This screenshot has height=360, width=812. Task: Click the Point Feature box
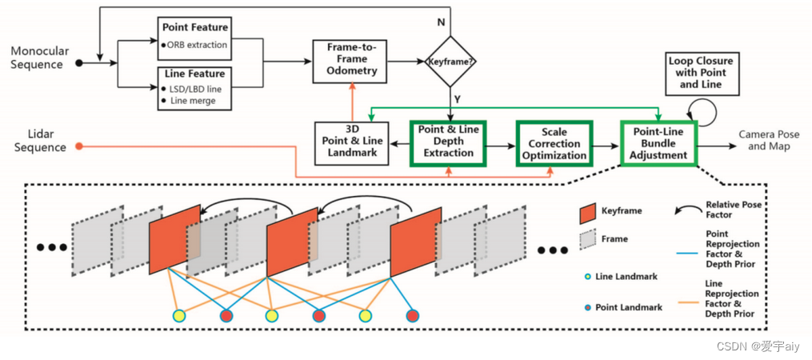click(194, 38)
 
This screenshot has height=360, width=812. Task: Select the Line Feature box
click(194, 87)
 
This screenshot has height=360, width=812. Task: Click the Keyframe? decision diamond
click(450, 61)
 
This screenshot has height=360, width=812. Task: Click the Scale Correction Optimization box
click(554, 142)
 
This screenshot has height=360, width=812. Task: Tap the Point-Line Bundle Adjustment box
click(658, 142)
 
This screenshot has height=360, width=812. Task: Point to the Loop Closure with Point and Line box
click(701, 73)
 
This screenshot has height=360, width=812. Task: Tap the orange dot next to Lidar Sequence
click(79, 146)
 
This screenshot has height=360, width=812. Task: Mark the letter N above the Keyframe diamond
click(440, 22)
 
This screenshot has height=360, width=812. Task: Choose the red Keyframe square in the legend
click(588, 214)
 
